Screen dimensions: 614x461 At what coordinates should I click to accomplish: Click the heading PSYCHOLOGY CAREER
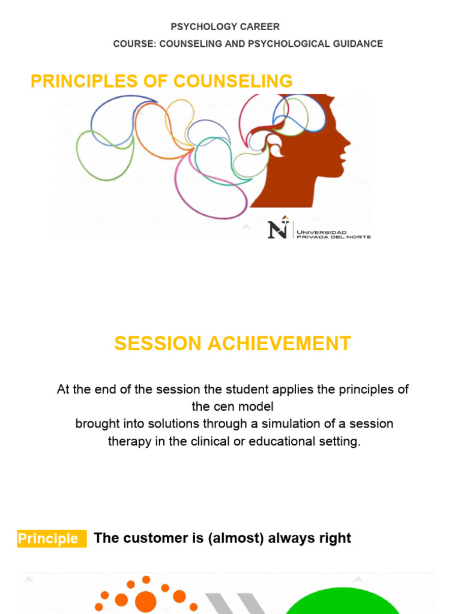coord(225,27)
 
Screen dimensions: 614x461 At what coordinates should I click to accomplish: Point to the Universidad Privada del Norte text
coord(334,234)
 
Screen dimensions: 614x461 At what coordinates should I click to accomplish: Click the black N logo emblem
coord(278,228)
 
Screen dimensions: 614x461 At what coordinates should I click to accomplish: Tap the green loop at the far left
coord(90,162)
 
